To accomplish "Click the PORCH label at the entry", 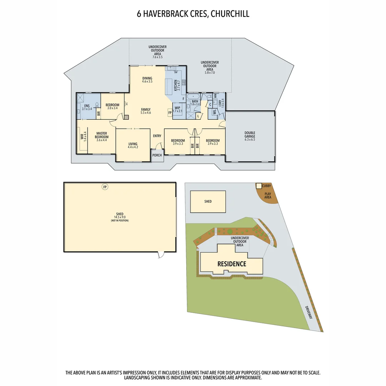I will pyautogui.click(x=157, y=155).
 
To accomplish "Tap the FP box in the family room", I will pyautogui.click(x=170, y=112).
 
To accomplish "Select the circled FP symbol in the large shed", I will pyautogui.click(x=105, y=187).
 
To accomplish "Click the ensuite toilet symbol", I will pyautogui.click(x=97, y=105).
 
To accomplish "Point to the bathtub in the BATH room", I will pyautogui.click(x=194, y=96).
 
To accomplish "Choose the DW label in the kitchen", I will pyautogui.click(x=176, y=73).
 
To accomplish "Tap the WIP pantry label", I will pyautogui.click(x=177, y=108).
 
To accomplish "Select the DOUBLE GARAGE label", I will pyautogui.click(x=250, y=135).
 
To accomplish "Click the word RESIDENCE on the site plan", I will pyautogui.click(x=232, y=264).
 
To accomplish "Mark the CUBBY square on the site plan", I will pyautogui.click(x=258, y=186).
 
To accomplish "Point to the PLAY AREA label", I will pyautogui.click(x=268, y=196).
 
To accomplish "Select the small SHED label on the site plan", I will pyautogui.click(x=208, y=202).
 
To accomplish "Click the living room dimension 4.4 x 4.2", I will pyautogui.click(x=133, y=147).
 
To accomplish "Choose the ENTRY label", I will pyautogui.click(x=157, y=136).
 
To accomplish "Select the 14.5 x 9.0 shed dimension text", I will pyautogui.click(x=119, y=217).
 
